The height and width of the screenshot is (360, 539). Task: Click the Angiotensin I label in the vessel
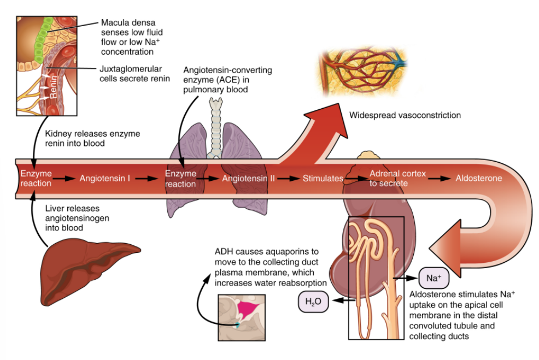point(104,178)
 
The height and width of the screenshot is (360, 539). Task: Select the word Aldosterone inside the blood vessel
point(478,178)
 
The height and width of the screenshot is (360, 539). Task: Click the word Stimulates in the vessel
point(323,178)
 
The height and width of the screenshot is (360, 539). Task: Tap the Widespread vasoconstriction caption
point(405,115)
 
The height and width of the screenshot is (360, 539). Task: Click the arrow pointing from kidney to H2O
point(342,300)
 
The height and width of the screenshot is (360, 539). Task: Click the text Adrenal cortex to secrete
point(389,178)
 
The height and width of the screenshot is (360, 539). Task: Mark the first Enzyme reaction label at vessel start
point(36,178)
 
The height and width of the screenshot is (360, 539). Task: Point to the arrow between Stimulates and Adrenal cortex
point(355,178)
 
